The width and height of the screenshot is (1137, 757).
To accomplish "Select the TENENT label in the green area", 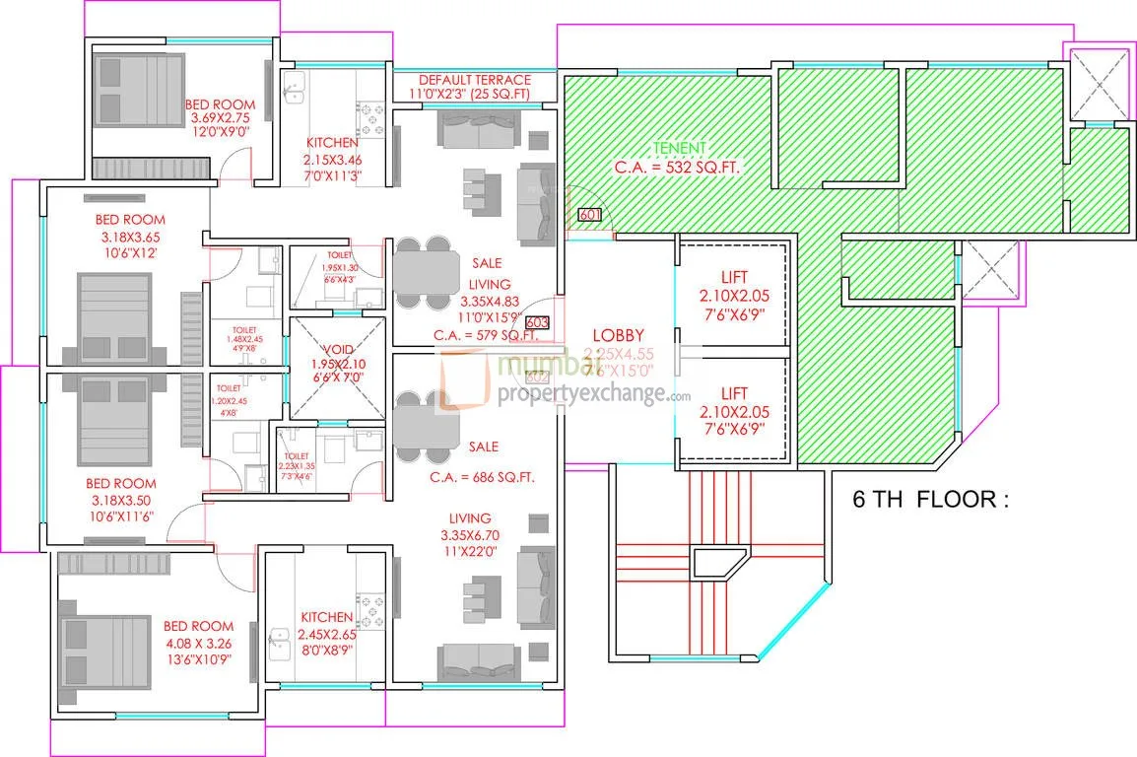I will [680, 148].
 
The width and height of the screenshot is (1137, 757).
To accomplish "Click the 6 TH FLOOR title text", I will [931, 499].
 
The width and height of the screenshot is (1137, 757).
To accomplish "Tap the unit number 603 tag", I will [537, 322].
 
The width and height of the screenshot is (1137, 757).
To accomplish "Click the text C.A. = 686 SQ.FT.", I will [483, 477].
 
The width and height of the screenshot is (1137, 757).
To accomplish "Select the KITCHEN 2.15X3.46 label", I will [331, 143].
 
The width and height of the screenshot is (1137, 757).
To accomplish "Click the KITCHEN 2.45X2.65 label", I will [327, 618].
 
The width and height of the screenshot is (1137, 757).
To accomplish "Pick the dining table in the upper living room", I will [425, 272].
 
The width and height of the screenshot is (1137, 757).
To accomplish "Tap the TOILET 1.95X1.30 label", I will [338, 254].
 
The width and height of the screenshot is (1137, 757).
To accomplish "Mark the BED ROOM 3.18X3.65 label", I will [130, 219].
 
